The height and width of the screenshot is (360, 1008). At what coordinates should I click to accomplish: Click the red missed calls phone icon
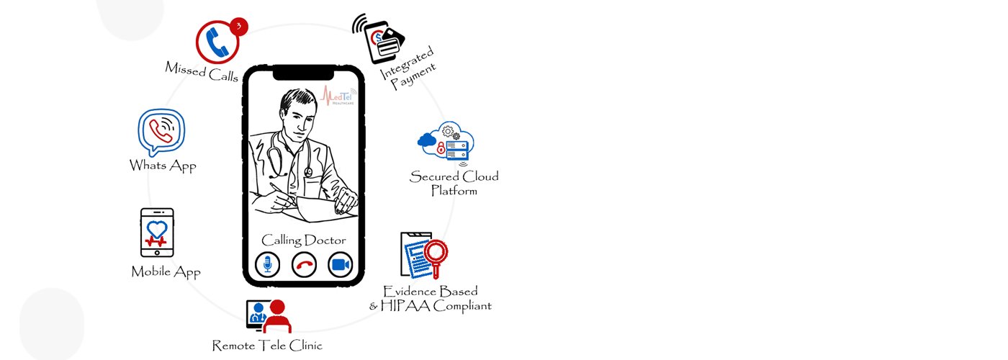point(218,41)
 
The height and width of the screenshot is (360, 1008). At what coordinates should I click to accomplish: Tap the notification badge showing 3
point(240,27)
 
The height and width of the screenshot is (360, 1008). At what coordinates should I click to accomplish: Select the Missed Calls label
point(202,72)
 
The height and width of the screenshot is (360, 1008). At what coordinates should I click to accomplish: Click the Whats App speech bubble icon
point(162,132)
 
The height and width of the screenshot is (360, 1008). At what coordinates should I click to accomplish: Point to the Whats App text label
point(163,166)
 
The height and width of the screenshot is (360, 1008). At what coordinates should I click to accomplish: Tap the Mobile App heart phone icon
point(157,232)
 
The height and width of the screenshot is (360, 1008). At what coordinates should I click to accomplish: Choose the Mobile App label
point(166,272)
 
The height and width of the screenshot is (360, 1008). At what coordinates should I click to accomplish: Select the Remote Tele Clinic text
point(267,346)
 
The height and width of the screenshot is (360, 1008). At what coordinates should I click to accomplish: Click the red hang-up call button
point(305,265)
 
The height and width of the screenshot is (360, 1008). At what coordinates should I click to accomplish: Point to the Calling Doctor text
point(303,240)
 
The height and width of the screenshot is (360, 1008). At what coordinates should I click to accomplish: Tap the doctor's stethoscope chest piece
point(308,172)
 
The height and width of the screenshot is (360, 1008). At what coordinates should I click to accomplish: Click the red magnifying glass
point(436,254)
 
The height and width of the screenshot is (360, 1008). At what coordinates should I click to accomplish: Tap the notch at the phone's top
point(303,73)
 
